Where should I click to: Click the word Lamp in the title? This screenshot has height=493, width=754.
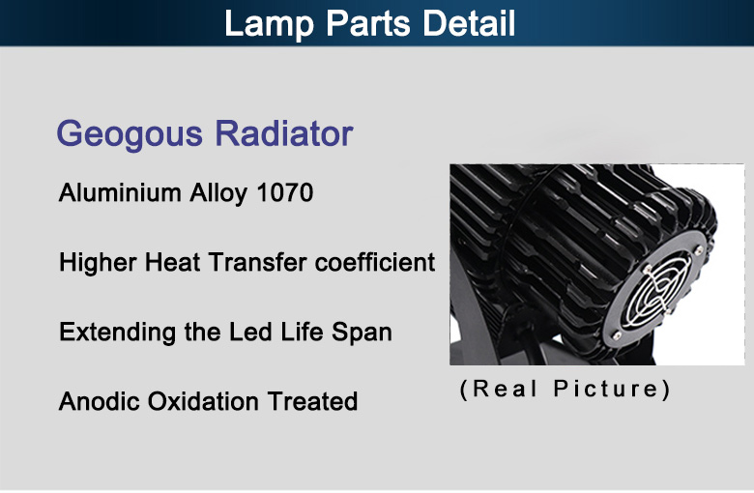pos(269,24)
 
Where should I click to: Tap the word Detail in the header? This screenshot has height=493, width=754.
pos(469,22)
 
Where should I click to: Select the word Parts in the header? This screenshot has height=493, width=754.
pos(368,22)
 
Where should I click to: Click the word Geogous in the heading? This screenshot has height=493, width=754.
pos(130,134)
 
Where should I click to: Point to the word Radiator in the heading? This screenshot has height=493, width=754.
pos(284,132)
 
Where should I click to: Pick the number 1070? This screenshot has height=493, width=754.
pos(284,192)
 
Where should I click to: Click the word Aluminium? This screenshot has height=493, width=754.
pos(120,192)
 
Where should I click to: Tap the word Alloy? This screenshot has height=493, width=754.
pos(218,194)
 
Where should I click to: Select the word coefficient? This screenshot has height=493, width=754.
pos(375,262)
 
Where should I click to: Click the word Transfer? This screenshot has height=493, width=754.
pos(257,262)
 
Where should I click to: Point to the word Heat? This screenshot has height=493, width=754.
pos(173,262)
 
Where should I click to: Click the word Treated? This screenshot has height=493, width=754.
pos(312,401)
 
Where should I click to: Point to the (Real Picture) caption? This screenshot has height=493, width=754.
pos(565,390)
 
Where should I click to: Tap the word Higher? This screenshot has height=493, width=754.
pos(98,263)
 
